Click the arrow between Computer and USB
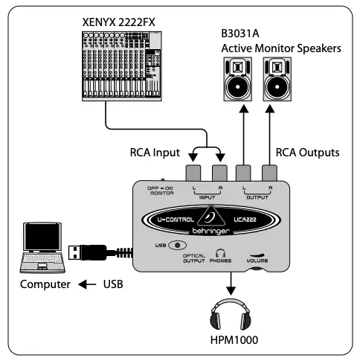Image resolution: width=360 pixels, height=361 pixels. (x=89, y=285)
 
